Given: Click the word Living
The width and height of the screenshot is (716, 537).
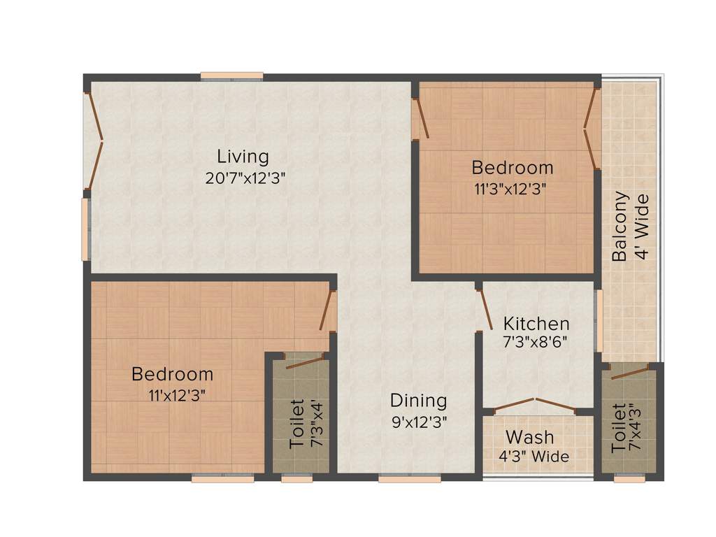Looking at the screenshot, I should point(243,156).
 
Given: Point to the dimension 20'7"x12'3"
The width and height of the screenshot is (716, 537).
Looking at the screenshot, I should point(245,178).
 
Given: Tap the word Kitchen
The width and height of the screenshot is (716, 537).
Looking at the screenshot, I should point(536,324).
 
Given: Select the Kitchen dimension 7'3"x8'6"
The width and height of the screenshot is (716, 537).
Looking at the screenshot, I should point(535,343).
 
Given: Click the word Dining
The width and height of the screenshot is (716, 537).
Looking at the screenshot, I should point(418,401).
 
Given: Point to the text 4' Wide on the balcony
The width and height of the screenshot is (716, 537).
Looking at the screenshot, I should point(640,227).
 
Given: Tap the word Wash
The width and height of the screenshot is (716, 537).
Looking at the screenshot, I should point(529,438).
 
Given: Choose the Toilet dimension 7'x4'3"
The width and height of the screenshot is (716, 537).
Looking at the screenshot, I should point(634,427).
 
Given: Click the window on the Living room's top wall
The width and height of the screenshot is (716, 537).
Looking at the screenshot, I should point(231,76).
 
